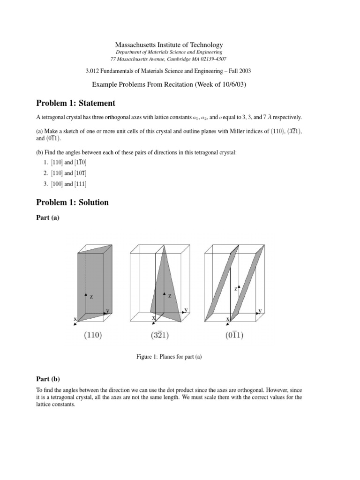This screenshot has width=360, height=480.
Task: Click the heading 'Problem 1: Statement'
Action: (x=75, y=103)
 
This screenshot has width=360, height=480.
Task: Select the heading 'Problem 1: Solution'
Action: (x=72, y=202)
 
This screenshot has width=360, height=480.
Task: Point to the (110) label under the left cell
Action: (x=93, y=335)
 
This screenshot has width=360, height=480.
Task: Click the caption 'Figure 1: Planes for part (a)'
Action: (x=169, y=358)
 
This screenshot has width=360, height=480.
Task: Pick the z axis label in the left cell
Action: (x=91, y=297)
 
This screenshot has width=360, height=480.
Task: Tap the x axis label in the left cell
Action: (x=75, y=319)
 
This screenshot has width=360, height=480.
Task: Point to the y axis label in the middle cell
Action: (x=186, y=310)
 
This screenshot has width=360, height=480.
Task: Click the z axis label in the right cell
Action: (x=235, y=290)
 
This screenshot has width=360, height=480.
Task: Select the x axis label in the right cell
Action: (x=228, y=319)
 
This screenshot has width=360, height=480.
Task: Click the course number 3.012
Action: (x=91, y=71)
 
